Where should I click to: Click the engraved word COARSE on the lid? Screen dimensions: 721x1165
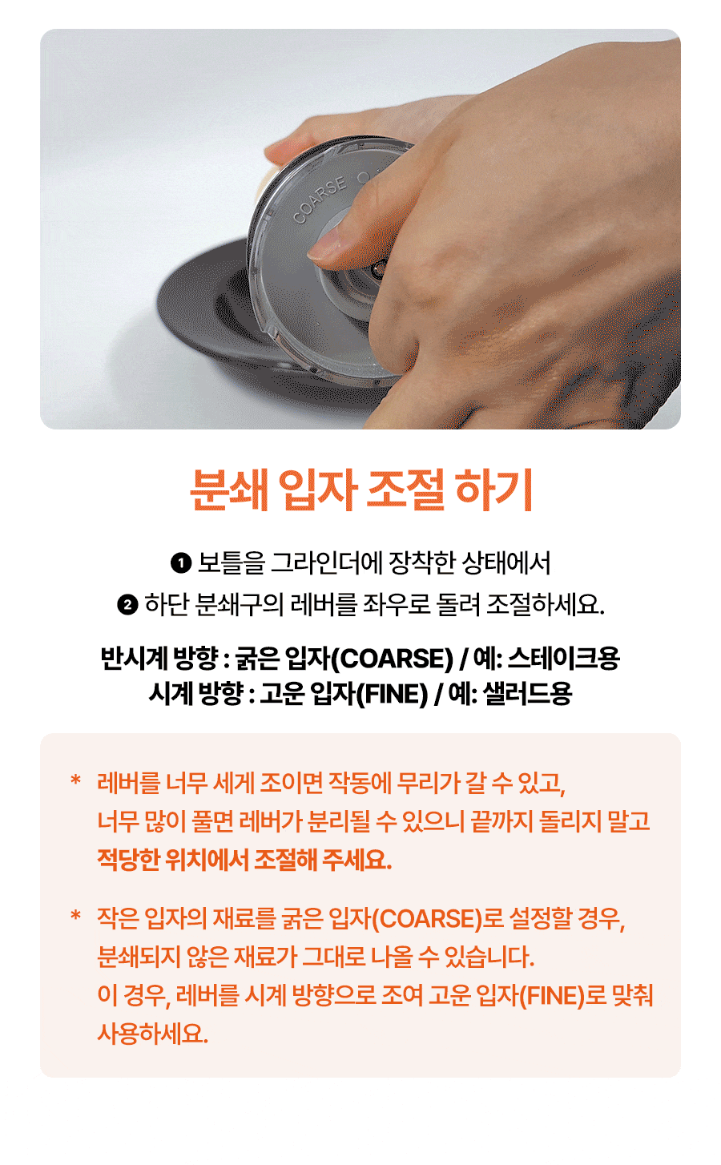tap(320, 200)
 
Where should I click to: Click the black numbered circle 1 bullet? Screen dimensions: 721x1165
tap(181, 564)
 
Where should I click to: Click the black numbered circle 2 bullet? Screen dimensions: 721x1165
tap(127, 605)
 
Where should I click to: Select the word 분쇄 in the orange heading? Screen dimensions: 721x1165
tap(229, 490)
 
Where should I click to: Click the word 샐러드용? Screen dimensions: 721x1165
tap(528, 693)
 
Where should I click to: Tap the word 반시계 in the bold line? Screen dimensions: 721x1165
tap(134, 658)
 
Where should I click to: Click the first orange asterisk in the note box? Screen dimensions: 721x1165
tap(76, 780)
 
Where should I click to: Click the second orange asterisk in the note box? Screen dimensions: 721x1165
tap(76, 915)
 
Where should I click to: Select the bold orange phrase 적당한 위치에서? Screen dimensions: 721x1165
tap(172, 860)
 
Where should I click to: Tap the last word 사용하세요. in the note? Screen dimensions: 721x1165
tap(153, 1034)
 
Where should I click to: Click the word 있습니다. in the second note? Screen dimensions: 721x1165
tap(489, 957)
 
